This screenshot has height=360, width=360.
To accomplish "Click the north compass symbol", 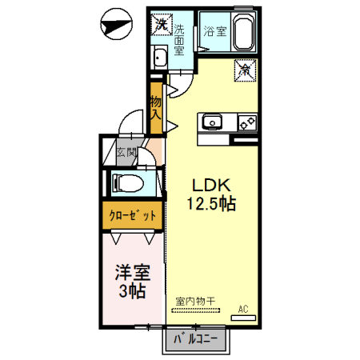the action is tap(116, 24).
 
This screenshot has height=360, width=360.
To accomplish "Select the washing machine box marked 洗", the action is tap(162, 24).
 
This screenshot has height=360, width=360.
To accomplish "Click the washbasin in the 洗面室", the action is tap(159, 58).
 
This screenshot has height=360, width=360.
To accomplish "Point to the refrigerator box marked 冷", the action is tap(245, 70).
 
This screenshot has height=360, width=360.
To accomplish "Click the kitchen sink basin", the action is tap(212, 122).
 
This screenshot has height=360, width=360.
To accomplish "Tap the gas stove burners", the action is tap(247, 123).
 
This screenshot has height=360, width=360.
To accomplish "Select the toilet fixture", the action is tap(128, 183).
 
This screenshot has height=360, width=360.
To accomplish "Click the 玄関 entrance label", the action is tap(126, 153).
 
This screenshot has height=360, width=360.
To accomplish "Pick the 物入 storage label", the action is tap(156, 108).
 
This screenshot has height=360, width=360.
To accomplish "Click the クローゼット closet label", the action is tap(133, 215).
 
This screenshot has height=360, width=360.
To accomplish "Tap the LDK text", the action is tap(211, 186).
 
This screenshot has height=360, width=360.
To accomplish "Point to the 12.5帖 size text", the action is tap(211, 204).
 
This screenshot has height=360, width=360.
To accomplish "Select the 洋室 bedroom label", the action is tap(133, 273).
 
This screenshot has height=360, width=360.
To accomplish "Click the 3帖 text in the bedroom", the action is tap(132, 291).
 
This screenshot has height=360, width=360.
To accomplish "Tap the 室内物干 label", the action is tap(195, 302).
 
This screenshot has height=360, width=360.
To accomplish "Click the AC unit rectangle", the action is tap(243, 318).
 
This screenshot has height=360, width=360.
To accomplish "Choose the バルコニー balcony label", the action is tap(196, 339).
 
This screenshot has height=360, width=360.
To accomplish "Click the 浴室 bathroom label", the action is tap(215, 31).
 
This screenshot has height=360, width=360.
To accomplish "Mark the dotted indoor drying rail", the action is tap(196, 310).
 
